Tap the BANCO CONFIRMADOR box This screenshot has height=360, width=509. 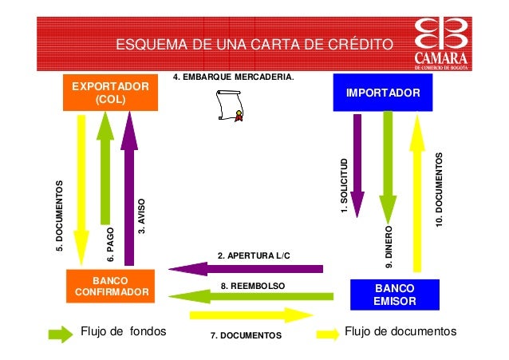[x=111, y=287]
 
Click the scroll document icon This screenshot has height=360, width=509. [x=229, y=107]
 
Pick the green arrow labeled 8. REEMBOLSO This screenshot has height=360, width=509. [x=247, y=297]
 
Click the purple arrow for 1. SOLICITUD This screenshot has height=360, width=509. [x=357, y=164]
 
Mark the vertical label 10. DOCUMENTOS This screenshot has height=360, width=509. [x=439, y=189]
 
